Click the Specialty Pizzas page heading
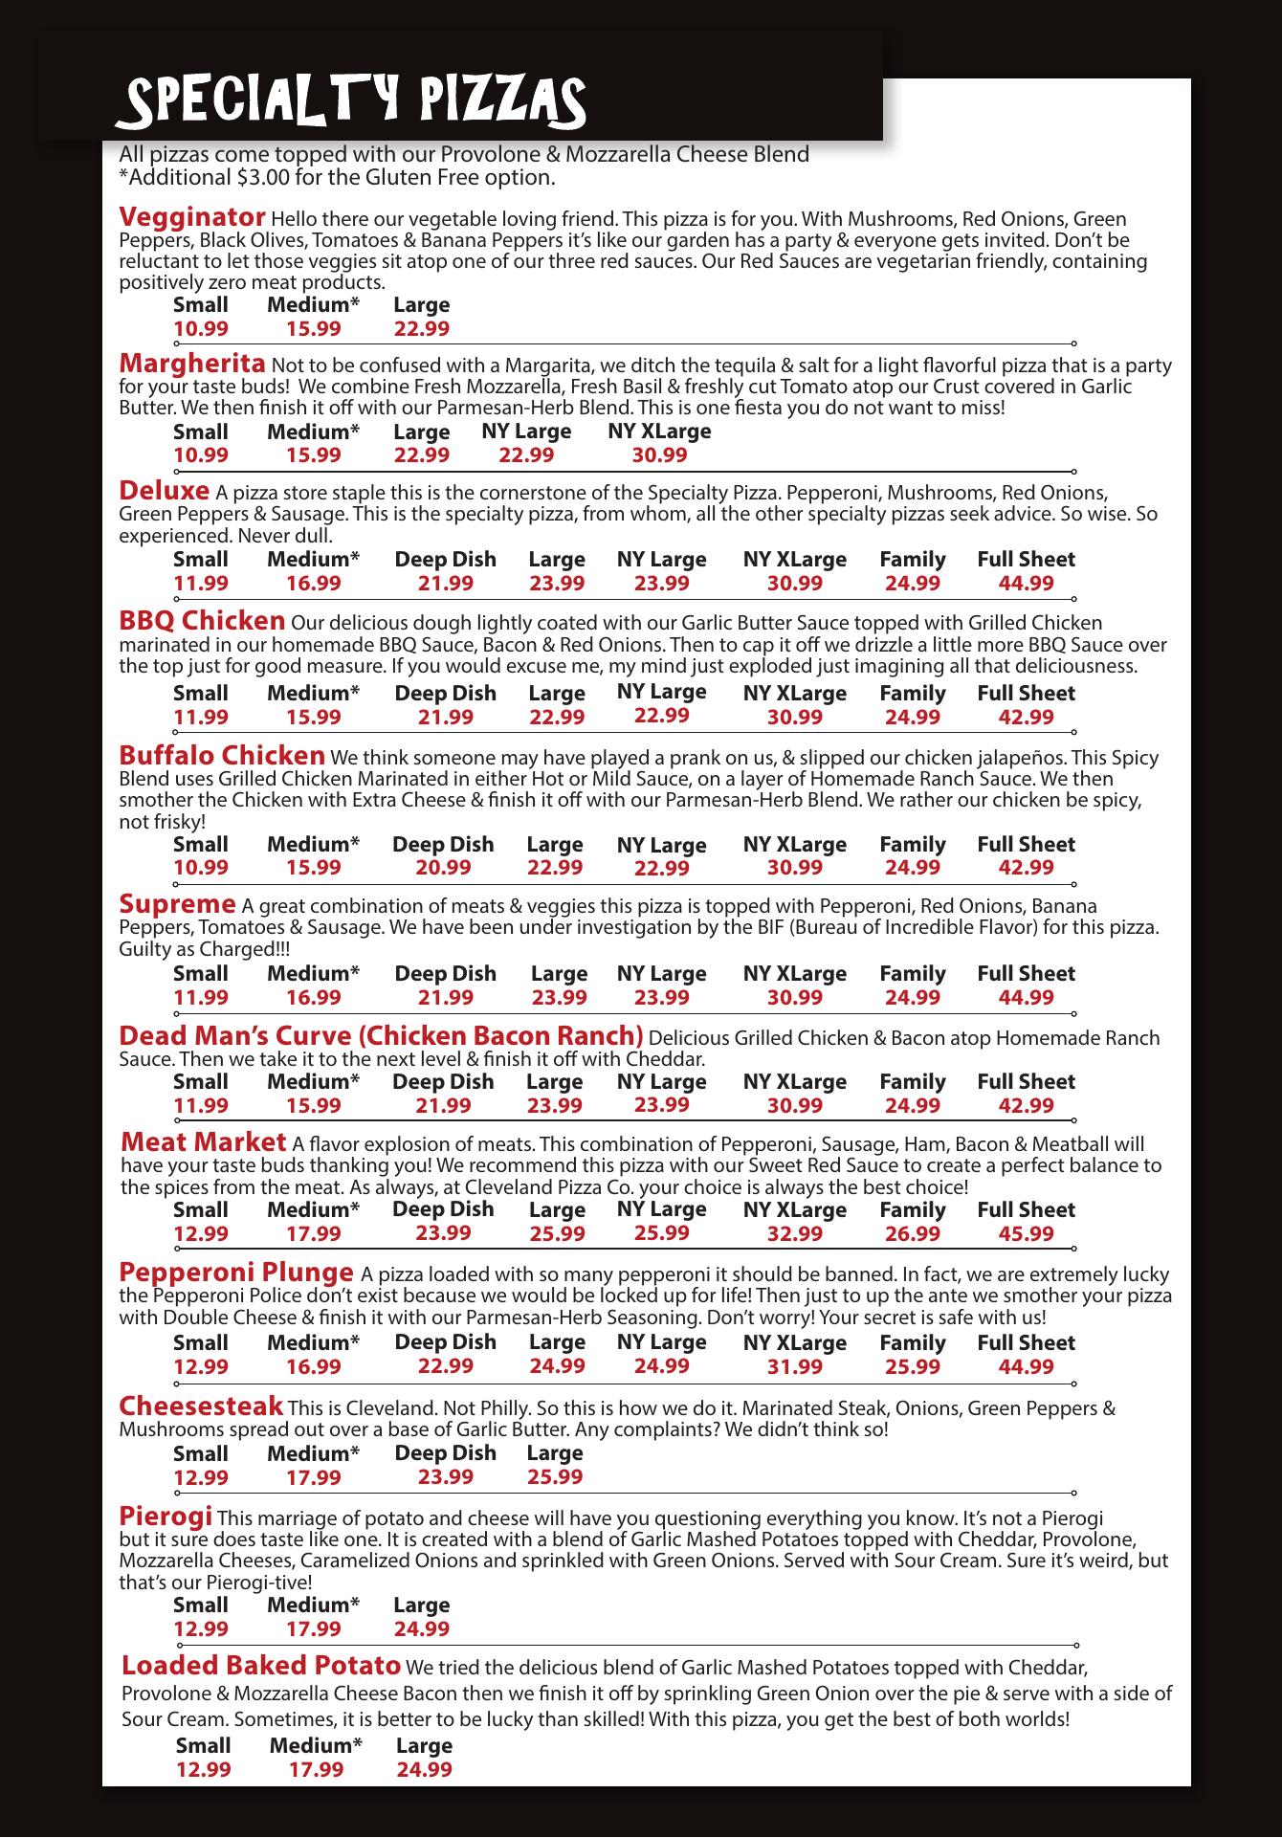point(350,103)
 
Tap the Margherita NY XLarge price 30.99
point(659,455)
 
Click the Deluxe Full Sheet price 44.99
point(1026,584)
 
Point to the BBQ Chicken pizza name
point(202,621)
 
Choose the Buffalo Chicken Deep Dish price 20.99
point(443,868)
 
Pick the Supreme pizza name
point(177,904)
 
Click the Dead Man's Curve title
point(381,1036)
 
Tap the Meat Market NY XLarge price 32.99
point(794,1234)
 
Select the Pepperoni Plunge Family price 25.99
point(912,1367)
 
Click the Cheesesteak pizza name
point(201,1406)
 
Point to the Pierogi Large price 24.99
point(421,1628)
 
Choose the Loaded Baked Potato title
point(261,1666)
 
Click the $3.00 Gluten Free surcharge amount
point(264,178)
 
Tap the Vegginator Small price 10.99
point(201,329)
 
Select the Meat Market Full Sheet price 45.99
point(1026,1234)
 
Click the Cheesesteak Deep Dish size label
point(446,1453)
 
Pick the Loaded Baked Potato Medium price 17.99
point(316,1770)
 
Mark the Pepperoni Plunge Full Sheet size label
point(1026,1343)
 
